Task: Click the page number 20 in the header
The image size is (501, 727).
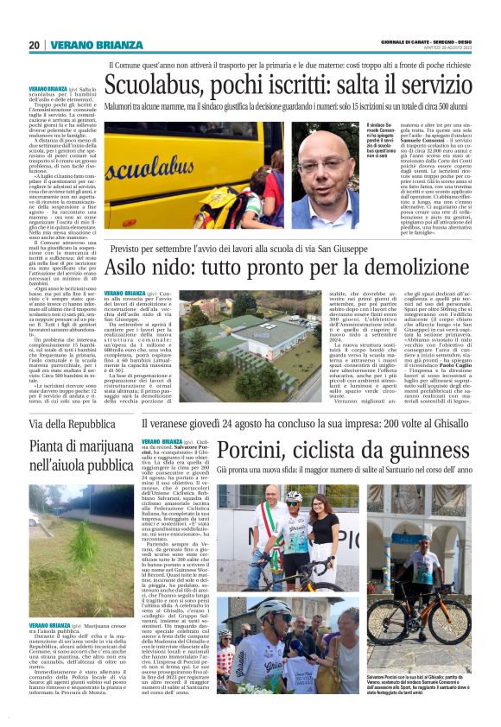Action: (34, 45)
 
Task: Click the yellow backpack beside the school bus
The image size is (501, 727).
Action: (227, 203)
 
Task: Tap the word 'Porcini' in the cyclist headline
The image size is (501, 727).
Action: (256, 451)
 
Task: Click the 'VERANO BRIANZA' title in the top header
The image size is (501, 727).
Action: (94, 45)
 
